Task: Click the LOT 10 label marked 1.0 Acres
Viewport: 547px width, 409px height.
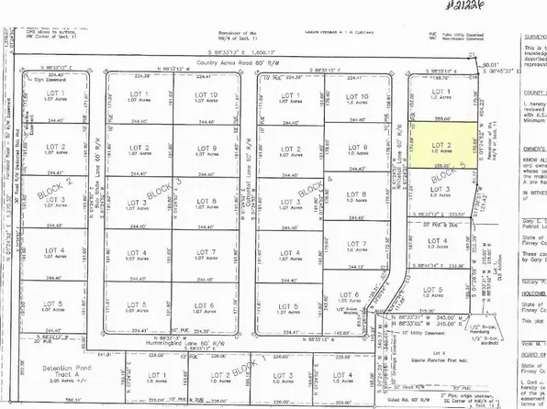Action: click(359, 99)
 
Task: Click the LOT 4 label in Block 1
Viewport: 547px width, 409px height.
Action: click(343, 376)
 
